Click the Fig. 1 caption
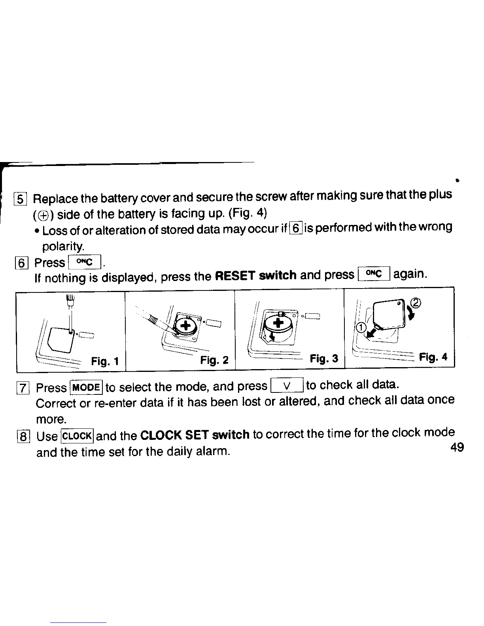105,361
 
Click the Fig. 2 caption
214,360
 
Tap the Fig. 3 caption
324,359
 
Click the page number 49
457,447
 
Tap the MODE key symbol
86,387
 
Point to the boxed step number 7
23,388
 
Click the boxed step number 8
23,437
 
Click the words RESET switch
255,275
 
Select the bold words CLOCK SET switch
195,435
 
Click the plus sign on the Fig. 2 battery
185,326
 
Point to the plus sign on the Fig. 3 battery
279,323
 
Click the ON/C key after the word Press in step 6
85,262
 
